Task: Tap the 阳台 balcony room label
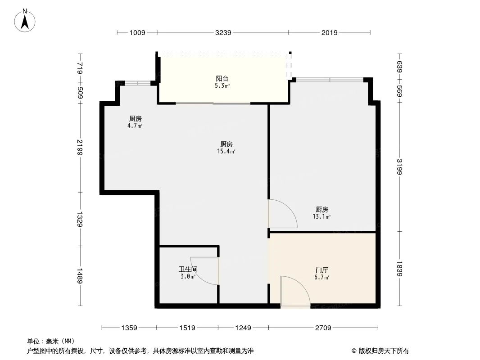point(222,78)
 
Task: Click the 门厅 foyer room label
point(322,270)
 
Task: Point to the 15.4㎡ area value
point(226,152)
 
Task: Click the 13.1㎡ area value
point(322,217)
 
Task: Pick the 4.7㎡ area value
point(135,126)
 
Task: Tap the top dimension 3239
point(223,32)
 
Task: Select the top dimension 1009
point(137,32)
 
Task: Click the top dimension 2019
point(330,32)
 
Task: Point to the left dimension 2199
point(80,147)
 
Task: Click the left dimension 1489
point(80,275)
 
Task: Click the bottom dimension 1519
point(187,328)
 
